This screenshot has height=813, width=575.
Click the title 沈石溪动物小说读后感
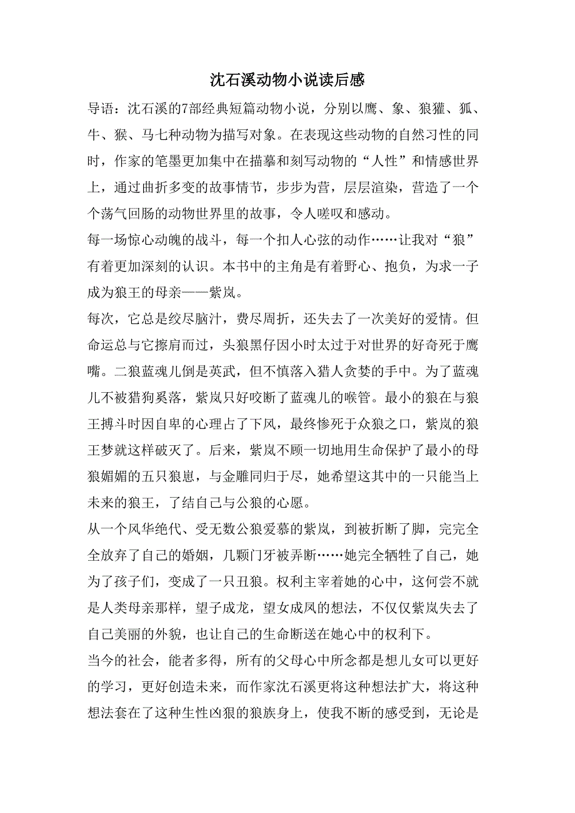coord(287,80)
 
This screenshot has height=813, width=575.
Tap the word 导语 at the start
coord(101,109)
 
